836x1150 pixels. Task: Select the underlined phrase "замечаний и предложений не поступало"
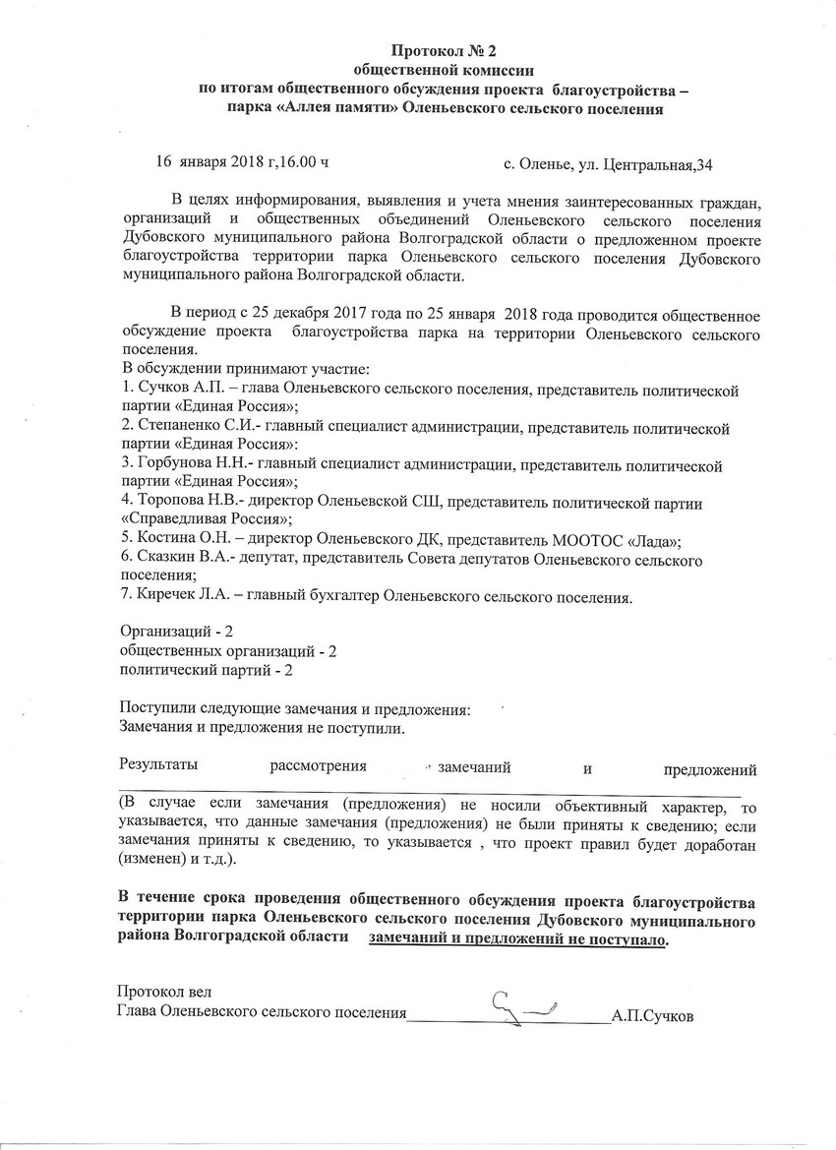pos(518,939)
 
